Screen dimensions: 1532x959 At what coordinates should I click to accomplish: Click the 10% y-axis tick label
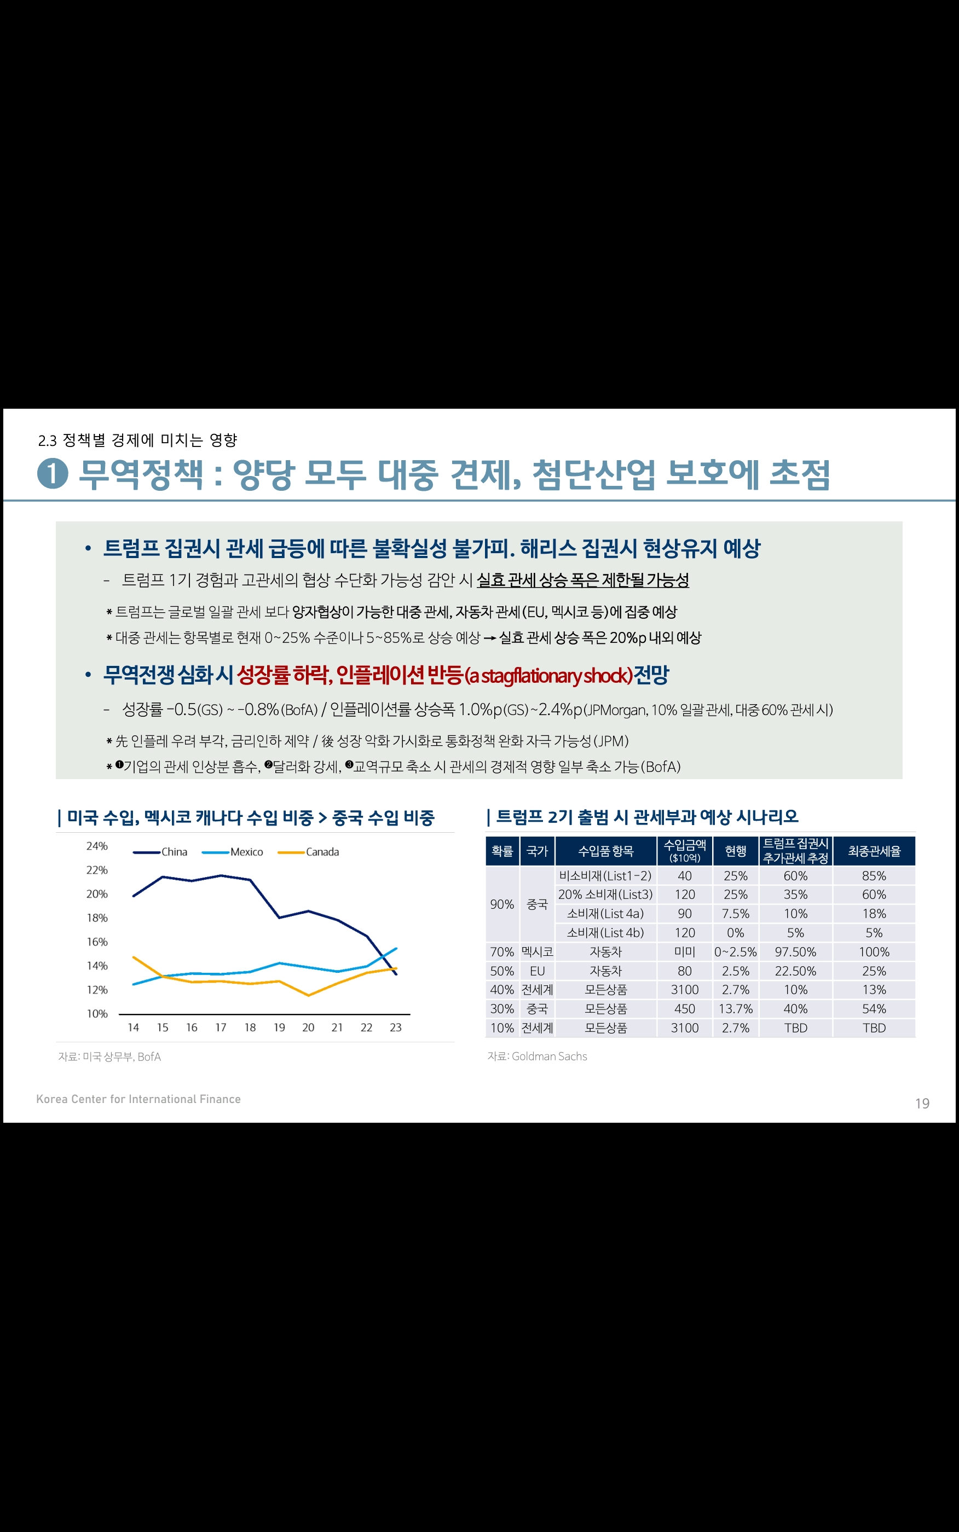click(97, 1013)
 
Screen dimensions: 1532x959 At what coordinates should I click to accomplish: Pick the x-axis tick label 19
click(279, 1028)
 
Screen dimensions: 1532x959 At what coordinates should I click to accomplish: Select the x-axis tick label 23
click(395, 1028)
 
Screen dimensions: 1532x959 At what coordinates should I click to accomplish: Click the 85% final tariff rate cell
click(874, 876)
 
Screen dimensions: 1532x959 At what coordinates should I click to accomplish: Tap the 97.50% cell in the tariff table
click(795, 952)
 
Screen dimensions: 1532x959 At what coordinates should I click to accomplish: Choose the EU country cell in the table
click(537, 971)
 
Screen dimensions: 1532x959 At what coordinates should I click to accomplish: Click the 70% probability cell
click(502, 952)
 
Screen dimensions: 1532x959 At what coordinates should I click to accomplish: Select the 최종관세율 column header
click(874, 851)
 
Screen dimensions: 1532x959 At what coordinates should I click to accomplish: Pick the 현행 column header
click(735, 851)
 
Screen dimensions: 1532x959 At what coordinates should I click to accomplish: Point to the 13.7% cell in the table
click(735, 1009)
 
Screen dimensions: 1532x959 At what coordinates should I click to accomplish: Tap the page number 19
click(922, 1104)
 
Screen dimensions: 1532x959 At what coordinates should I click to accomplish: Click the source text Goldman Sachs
click(549, 1057)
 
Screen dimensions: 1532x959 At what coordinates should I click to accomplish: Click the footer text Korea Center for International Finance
click(138, 1099)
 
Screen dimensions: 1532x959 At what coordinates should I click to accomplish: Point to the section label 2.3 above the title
click(48, 440)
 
